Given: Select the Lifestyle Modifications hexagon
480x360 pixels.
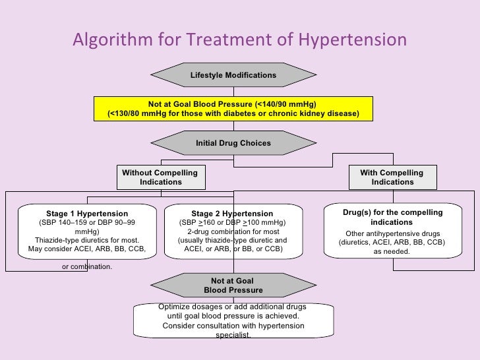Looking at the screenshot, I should [233, 75].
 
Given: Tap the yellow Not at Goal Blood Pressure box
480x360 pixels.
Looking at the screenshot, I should [233, 109].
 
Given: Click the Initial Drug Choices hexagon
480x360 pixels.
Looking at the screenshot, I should [233, 143].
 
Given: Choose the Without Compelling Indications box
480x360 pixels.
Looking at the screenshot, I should [160, 177].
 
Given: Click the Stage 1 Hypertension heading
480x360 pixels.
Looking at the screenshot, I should [87, 214].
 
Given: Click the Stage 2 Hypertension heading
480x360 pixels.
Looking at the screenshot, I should [232, 214].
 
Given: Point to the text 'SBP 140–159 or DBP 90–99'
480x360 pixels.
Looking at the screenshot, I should [87, 223].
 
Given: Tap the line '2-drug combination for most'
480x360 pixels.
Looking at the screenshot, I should [232, 231].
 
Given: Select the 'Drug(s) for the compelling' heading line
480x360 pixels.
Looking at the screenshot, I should [392, 212].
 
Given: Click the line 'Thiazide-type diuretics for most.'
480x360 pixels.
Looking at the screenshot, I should [87, 240].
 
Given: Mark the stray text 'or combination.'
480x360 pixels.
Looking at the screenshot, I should [87, 266].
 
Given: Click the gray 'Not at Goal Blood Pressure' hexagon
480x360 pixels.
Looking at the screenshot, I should [233, 285].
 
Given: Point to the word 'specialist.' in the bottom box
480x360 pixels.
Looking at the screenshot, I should [233, 335].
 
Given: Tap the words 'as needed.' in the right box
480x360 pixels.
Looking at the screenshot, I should [392, 251].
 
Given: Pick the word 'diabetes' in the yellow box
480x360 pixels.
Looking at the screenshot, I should [234, 113].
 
